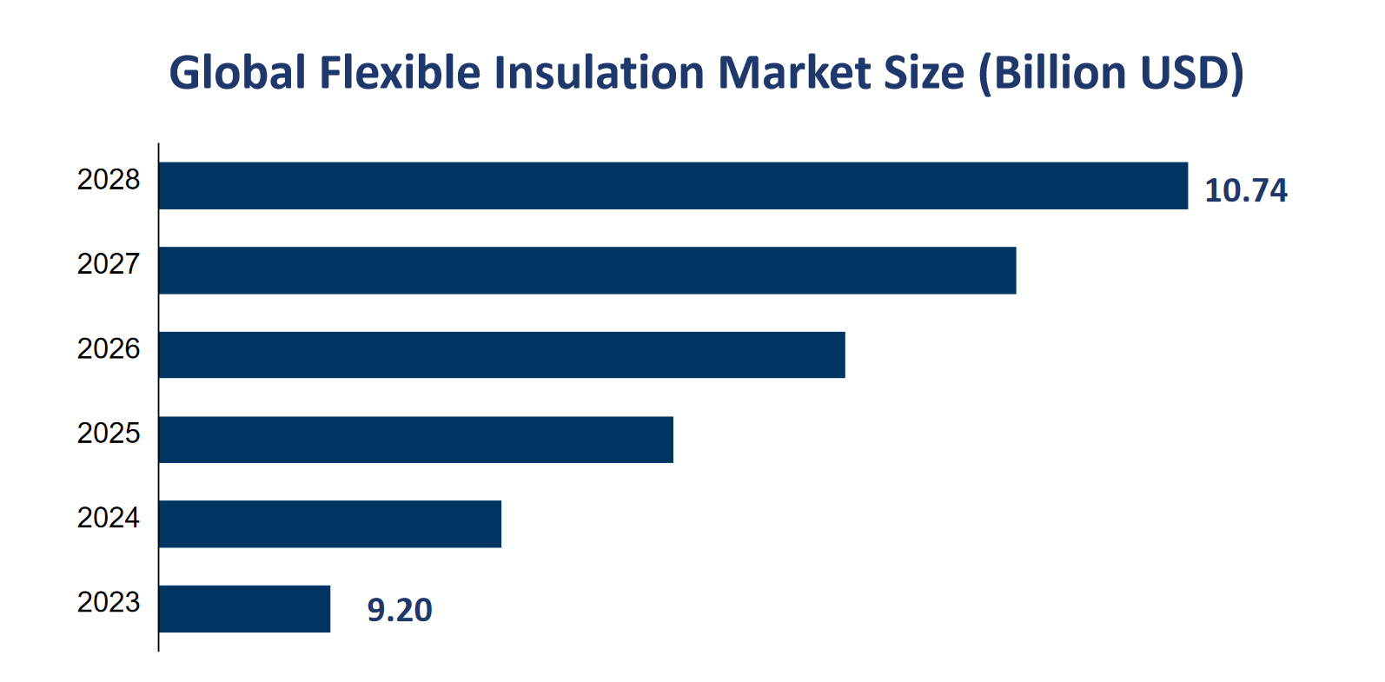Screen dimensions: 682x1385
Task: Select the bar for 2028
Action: pos(673,185)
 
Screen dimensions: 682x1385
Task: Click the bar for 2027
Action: pos(587,270)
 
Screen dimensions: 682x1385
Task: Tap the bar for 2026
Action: pos(501,354)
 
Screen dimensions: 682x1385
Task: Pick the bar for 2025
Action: pos(415,440)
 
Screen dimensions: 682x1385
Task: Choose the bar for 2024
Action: pos(330,524)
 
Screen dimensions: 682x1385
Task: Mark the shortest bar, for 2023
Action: pos(244,609)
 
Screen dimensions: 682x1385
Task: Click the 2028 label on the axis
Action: pos(109,180)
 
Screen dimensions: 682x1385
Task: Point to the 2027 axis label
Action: pos(109,264)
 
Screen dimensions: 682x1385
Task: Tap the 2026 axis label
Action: pos(109,349)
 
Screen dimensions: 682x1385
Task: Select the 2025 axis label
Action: pos(109,434)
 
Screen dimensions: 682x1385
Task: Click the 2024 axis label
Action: pos(109,518)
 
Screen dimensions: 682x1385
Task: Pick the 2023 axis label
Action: pos(109,602)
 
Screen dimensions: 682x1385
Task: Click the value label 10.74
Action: pos(1245,191)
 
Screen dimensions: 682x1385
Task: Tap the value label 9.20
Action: pos(400,611)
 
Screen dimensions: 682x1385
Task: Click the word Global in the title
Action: pos(237,72)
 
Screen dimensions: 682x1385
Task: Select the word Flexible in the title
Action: pos(400,72)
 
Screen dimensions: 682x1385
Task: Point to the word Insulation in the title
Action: pos(599,72)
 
